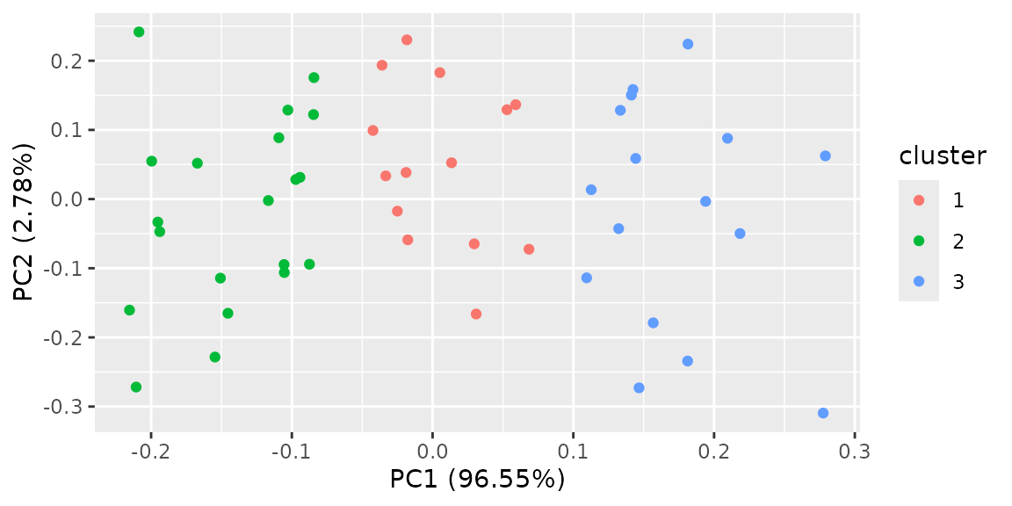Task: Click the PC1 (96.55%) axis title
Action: coord(477,480)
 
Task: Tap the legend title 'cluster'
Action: coord(943,156)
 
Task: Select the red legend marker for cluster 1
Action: coord(919,200)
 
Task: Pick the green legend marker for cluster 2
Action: coord(919,241)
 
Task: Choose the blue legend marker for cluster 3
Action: coord(919,281)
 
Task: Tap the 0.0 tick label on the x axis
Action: coord(432,452)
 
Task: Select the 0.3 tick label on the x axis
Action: coord(855,452)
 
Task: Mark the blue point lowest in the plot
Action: coord(823,413)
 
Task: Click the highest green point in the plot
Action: coord(139,32)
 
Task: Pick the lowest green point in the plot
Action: coord(136,387)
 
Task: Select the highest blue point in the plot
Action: coord(688,44)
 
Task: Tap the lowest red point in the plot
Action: coord(476,314)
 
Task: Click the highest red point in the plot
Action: coord(407,40)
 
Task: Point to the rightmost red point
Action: coord(529,249)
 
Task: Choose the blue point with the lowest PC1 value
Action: coord(587,278)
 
